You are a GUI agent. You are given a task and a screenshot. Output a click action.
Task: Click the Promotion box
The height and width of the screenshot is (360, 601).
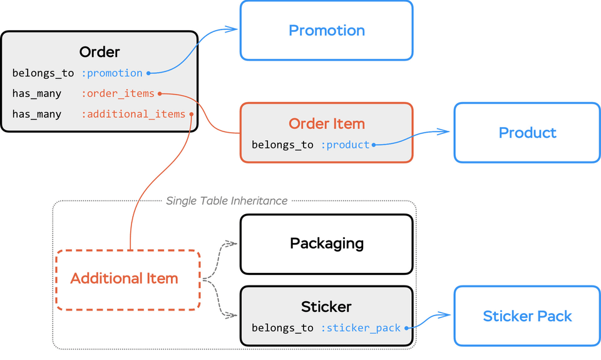point(326,31)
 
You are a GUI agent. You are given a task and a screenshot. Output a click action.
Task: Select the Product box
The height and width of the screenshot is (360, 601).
point(527,133)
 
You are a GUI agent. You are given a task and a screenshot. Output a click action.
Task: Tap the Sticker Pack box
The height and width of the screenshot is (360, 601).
point(527,316)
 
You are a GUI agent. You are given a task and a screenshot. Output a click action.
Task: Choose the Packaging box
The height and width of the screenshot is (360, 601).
point(326,244)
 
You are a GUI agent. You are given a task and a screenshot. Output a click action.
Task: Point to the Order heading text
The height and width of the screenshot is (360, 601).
point(100,52)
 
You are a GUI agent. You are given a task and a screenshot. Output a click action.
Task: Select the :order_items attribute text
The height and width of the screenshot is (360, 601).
point(118,94)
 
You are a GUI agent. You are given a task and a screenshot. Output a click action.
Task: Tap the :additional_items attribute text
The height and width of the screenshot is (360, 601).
point(133,114)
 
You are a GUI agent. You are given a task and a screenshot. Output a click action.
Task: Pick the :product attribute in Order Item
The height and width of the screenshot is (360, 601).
point(346,145)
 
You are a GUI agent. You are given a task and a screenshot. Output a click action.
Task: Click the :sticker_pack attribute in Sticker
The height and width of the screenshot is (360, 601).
point(361,327)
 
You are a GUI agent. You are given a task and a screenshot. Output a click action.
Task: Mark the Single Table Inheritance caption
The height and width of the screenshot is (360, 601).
point(227,201)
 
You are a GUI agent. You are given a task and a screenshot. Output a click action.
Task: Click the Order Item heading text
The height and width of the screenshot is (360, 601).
point(326,124)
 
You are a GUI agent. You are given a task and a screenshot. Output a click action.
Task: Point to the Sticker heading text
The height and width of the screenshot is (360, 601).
point(326,307)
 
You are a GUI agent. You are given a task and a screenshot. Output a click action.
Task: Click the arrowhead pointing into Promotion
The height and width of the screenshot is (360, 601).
point(233,28)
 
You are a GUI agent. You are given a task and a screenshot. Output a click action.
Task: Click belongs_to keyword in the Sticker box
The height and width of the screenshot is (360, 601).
point(282,327)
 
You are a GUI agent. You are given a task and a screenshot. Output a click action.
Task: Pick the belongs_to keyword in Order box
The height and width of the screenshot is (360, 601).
point(43,73)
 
